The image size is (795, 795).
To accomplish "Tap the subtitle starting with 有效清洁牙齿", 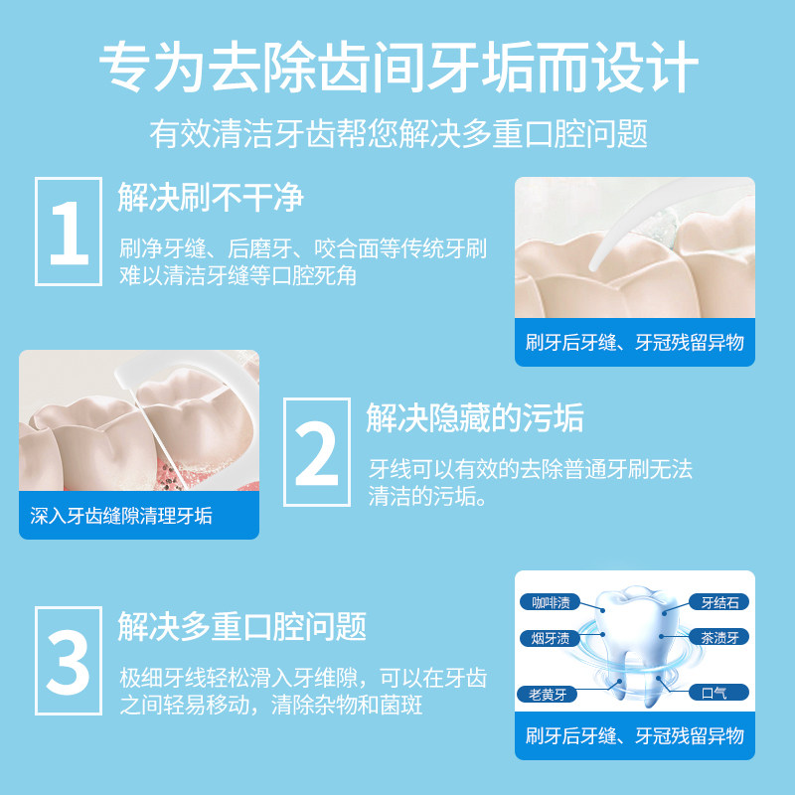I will tap(397, 133).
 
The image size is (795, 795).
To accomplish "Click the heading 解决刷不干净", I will tap(211, 198).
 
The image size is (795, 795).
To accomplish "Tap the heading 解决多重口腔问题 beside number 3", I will tap(242, 626).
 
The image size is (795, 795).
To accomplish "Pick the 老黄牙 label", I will tap(546, 693).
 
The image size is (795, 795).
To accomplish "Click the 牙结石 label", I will tap(719, 602).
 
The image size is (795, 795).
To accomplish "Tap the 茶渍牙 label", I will tap(719, 638).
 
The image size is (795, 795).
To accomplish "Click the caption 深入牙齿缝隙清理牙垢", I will tap(121, 516).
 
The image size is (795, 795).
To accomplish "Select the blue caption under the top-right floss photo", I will tap(634, 343).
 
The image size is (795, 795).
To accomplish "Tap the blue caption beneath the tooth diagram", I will tap(634, 736).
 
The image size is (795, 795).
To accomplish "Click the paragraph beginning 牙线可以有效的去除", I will tap(531, 482).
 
